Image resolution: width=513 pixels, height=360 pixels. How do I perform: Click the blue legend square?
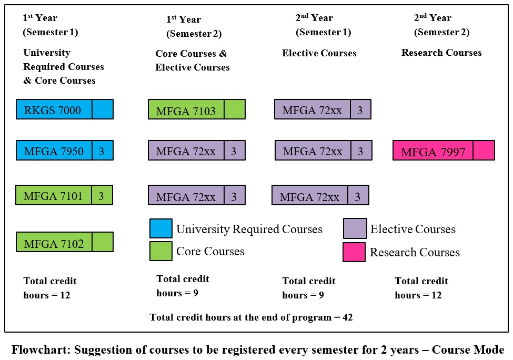click(160, 228)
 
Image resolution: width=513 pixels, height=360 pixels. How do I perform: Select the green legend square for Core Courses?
click(160, 251)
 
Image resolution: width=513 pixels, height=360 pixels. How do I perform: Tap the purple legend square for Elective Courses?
click(355, 228)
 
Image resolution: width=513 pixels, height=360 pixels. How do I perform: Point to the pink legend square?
click(355, 252)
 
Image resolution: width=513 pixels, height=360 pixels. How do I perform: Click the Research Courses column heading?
click(441, 53)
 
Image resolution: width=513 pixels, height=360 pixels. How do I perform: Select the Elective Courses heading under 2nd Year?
click(319, 53)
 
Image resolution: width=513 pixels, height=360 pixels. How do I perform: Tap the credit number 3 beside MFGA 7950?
click(102, 151)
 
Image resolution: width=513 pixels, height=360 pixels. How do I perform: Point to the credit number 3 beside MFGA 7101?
click(102, 196)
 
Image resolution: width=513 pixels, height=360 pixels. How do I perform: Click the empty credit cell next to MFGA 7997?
click(484, 151)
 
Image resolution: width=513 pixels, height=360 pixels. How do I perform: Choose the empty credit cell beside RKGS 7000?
click(102, 109)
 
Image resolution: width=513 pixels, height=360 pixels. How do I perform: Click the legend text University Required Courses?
click(249, 229)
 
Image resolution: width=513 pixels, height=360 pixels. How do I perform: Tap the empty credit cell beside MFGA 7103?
click(234, 109)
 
